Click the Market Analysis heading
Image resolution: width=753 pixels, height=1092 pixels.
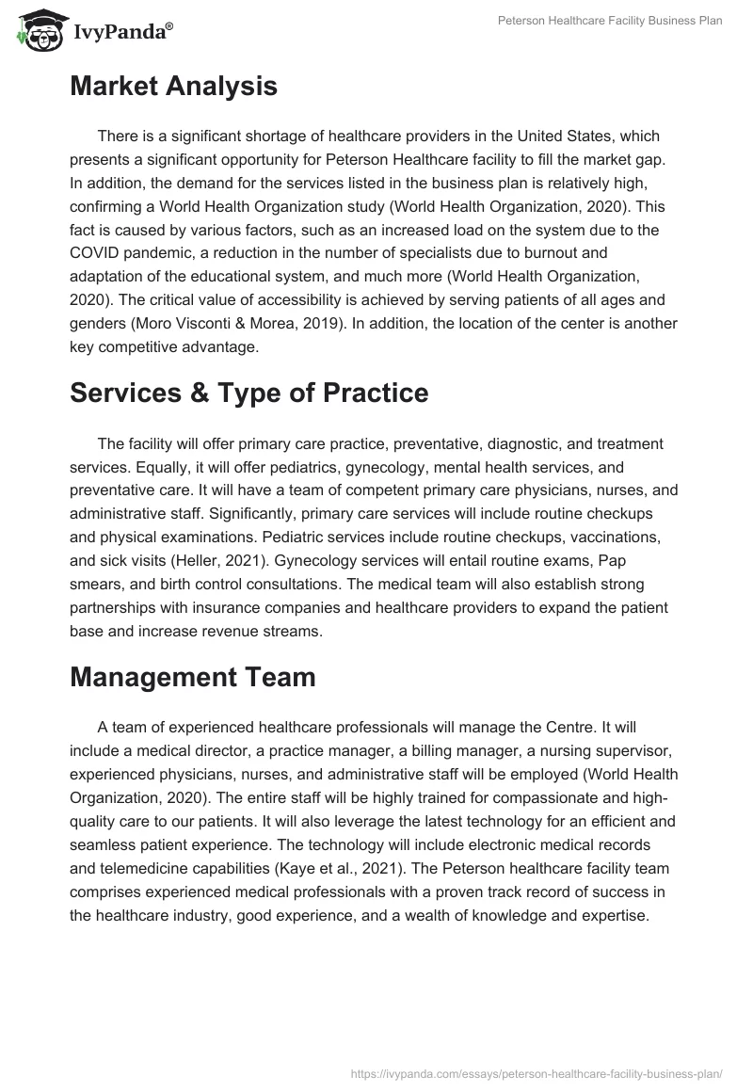(173, 87)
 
